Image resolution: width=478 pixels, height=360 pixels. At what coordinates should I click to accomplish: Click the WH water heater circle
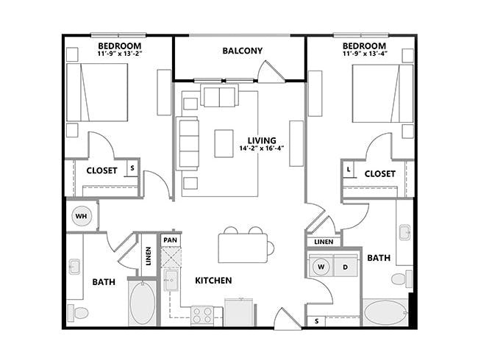[x=81, y=216]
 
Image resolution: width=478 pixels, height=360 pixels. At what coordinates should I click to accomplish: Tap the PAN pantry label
[x=170, y=240]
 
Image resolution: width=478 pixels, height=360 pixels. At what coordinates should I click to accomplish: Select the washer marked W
[x=321, y=267]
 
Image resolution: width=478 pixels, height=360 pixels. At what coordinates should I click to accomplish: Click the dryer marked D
[x=346, y=267]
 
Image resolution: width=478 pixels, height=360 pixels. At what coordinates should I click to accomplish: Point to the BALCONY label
[x=243, y=51]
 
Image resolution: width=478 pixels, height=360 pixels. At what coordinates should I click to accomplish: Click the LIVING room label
[x=262, y=140]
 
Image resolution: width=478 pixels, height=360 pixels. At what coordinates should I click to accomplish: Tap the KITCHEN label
[x=213, y=280]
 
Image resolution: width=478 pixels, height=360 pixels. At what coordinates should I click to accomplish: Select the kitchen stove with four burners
[x=201, y=315]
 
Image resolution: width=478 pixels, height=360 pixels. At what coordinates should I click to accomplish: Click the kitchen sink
[x=171, y=280]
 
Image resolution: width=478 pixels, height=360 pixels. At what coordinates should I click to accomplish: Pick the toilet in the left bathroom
[x=78, y=313]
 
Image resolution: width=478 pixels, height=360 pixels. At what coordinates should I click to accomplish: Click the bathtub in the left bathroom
[x=143, y=303]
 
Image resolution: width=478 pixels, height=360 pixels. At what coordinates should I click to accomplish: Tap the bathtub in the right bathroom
[x=385, y=313]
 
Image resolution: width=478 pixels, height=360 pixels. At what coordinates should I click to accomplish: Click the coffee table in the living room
[x=224, y=143]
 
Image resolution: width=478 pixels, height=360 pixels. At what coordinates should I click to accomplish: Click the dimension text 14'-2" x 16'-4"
[x=262, y=149]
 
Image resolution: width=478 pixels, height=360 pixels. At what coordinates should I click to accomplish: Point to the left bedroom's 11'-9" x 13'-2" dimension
[x=120, y=53]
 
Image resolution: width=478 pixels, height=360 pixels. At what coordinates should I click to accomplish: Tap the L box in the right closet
[x=349, y=169]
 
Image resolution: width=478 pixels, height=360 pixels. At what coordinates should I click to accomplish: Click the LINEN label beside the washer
[x=324, y=242]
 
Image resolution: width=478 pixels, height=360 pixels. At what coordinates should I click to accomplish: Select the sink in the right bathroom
[x=405, y=232]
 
